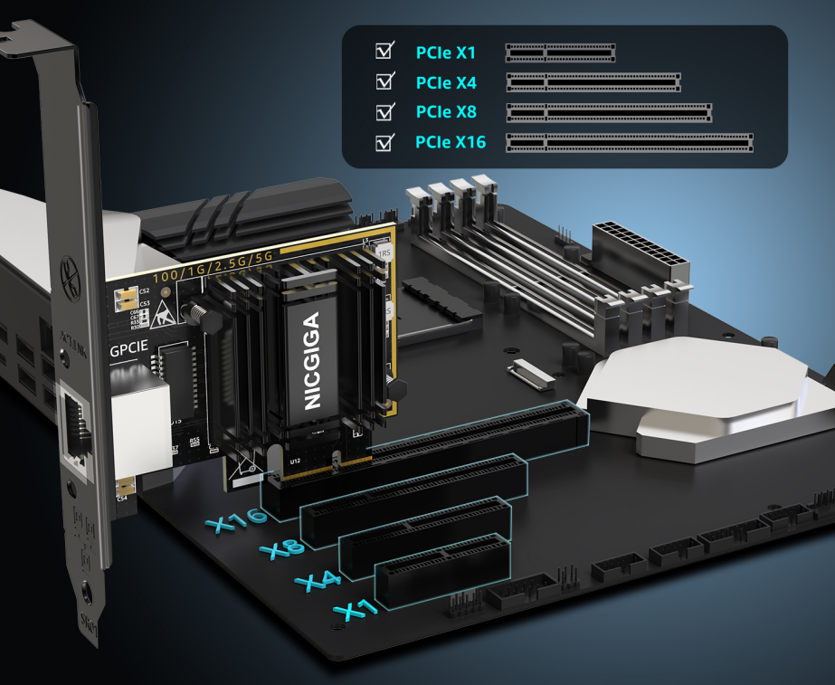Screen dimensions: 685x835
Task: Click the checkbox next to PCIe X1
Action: tap(384, 51)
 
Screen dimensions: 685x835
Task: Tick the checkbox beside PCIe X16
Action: tap(384, 142)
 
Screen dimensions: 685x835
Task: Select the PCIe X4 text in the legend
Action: tap(446, 83)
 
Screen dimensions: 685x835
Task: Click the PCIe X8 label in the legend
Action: tap(446, 113)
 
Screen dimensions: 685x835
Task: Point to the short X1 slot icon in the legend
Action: tap(560, 52)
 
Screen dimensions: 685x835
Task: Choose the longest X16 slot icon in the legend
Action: tap(630, 142)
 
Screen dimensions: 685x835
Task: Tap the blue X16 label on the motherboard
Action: tap(236, 521)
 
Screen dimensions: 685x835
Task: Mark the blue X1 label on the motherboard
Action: tap(356, 610)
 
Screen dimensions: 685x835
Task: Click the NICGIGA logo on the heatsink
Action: tap(312, 361)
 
